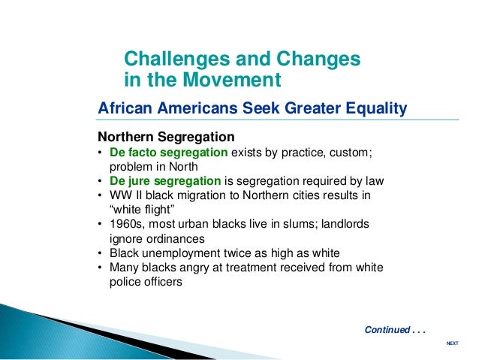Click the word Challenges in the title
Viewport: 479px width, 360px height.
pos(177,59)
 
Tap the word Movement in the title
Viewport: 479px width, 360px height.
pos(232,80)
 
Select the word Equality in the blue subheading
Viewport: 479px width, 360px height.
pos(376,109)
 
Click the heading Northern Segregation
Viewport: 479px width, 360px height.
pos(166,137)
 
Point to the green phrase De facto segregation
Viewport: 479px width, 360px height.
pos(169,153)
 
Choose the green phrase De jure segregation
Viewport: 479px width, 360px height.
pos(165,181)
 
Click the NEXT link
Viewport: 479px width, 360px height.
pos(453,343)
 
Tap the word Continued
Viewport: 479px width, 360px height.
pos(387,330)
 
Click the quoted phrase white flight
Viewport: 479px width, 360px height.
pos(142,210)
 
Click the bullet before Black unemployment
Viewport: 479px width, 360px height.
pos(100,253)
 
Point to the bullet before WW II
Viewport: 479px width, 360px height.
pos(100,195)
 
